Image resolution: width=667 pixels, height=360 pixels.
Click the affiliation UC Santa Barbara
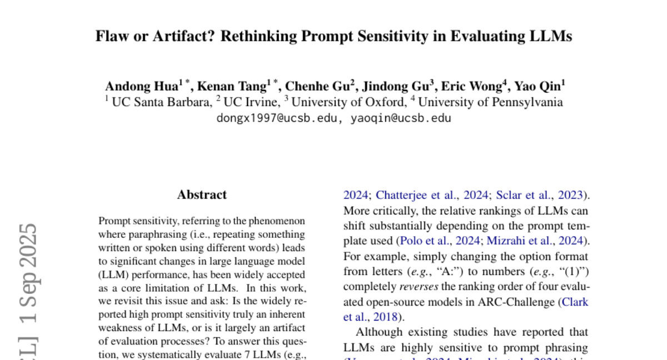tap(162, 102)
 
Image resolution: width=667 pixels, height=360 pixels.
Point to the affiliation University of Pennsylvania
tap(490, 102)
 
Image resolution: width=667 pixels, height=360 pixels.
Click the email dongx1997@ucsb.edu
tap(277, 118)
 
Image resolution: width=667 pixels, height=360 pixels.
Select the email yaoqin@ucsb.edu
tap(401, 118)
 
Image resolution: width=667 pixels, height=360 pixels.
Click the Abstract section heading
tap(202, 195)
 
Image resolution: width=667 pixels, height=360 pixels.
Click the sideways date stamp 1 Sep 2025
tap(28, 274)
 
